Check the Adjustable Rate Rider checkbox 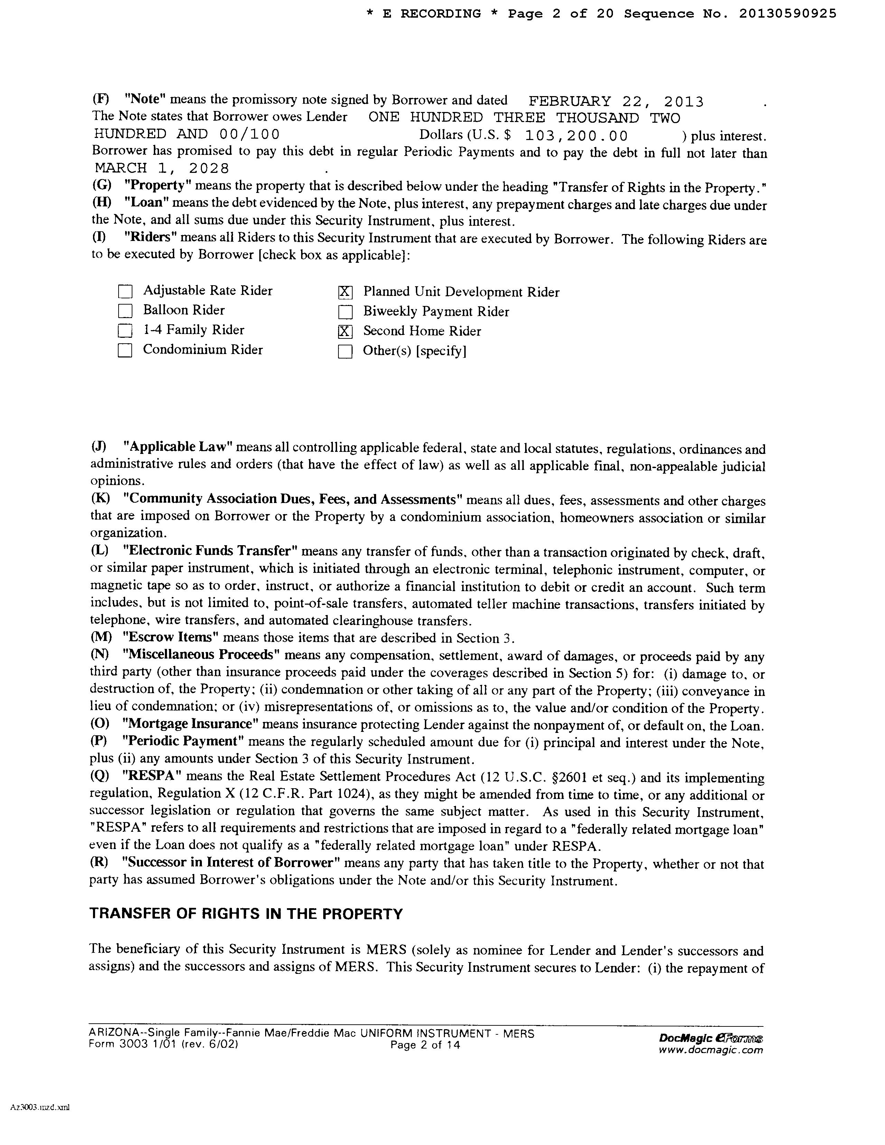coord(125,291)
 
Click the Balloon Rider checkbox coord(125,311)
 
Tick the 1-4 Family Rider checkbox coord(125,331)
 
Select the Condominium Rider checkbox coord(125,350)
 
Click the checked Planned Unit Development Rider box coord(345,292)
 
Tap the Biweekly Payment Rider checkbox coord(345,312)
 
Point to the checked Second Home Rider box coord(345,331)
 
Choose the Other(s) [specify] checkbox coord(345,351)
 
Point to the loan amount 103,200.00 coord(576,136)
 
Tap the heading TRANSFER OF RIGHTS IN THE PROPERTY coord(246,914)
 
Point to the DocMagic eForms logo coord(710,1039)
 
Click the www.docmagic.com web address coord(710,1050)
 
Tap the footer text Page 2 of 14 coord(425,1045)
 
